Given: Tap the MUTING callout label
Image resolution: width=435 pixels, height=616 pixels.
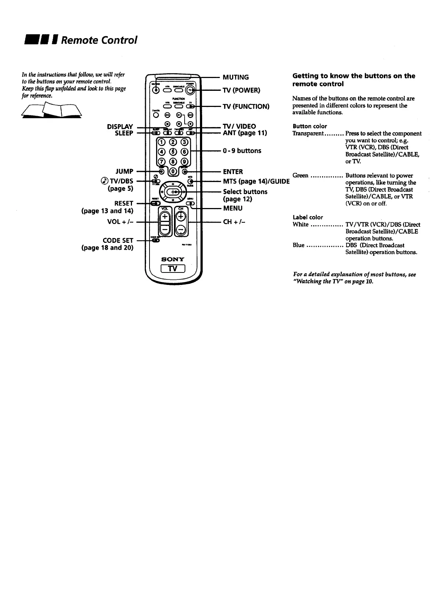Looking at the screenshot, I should coord(236,77).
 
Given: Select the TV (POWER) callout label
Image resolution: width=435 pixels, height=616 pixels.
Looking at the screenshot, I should coord(242,90).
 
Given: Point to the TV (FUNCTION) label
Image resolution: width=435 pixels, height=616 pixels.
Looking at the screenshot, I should coord(246,107).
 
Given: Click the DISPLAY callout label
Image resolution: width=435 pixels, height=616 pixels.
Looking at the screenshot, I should coord(120,127).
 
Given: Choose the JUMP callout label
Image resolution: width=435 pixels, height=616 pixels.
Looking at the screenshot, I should coord(124,171).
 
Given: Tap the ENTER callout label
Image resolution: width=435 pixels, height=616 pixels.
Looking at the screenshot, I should coord(233,172).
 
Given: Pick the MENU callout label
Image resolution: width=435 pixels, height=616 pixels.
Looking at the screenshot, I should coord(233,208).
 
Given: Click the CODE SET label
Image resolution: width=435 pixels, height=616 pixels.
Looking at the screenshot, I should coord(118,241).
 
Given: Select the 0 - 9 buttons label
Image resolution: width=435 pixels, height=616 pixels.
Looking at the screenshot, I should coord(242,151).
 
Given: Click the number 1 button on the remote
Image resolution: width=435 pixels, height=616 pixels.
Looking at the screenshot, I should coord(162,142).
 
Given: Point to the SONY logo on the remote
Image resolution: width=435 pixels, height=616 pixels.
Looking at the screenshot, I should coord(173,259).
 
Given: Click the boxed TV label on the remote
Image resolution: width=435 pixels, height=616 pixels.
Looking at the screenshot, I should coord(173,269).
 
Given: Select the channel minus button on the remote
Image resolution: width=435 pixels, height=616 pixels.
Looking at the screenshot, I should coord(181,230).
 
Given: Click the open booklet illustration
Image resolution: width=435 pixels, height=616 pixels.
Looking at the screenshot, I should coord(52,110).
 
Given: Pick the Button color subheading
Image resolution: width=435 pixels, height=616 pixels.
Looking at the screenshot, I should coord(310,126).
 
